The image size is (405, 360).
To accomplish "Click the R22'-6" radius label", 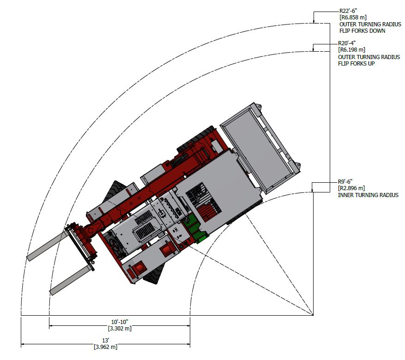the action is (x=348, y=11).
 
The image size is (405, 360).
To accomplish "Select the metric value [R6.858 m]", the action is (x=353, y=18).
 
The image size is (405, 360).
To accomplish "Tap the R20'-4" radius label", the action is (x=347, y=43).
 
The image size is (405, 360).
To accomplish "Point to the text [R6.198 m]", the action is (x=351, y=49).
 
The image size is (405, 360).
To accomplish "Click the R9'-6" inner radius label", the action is (x=345, y=182).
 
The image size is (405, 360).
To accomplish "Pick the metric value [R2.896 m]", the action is (x=351, y=188).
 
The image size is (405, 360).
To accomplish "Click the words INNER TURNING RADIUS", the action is (x=368, y=195).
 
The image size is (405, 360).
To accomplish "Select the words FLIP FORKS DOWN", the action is (x=362, y=31).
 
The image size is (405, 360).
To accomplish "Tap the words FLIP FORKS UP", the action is (x=356, y=64).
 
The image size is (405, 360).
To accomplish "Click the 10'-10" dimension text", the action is (x=120, y=322).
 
